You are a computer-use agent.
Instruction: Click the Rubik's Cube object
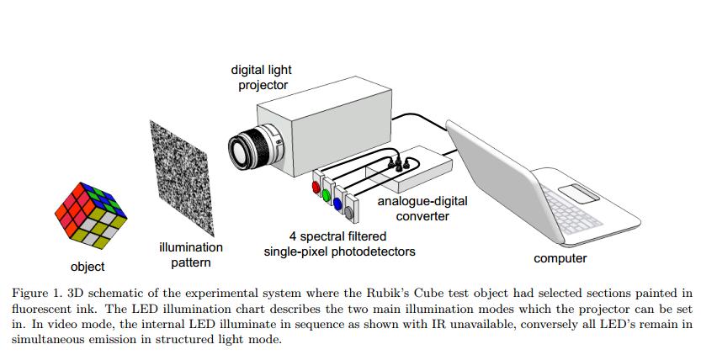[87, 214]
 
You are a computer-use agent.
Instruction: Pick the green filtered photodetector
[327, 195]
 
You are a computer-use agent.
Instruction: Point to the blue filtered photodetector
[338, 203]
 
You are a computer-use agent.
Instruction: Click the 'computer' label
[560, 258]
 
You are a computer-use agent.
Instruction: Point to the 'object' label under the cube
[88, 267]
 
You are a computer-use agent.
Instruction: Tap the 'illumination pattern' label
[191, 255]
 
